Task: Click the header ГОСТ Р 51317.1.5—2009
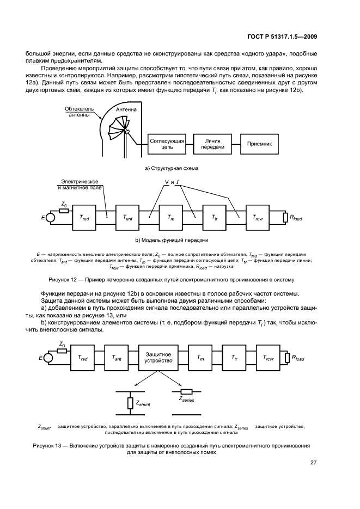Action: tap(280, 36)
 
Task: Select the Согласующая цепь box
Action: tap(167, 143)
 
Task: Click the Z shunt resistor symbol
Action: tap(131, 403)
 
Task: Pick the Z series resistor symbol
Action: tap(186, 391)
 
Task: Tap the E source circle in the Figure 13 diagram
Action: tap(48, 358)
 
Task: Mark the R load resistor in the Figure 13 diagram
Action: tap(287, 357)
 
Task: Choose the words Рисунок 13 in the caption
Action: tap(65, 445)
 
